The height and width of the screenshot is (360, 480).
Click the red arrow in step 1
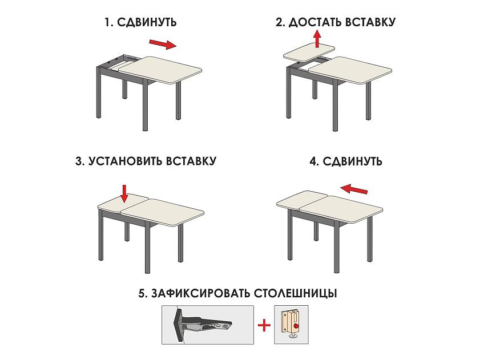coord(163,44)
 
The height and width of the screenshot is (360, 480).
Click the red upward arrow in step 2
coord(317,39)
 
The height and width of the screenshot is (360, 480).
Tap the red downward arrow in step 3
coord(124,193)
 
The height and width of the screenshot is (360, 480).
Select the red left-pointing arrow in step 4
coord(354,189)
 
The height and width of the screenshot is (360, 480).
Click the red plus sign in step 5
coord(264,325)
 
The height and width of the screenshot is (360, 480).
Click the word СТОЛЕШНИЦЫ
coord(296,293)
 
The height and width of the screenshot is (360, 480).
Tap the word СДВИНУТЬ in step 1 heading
coord(147,22)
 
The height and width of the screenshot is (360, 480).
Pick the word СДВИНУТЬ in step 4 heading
coord(352,161)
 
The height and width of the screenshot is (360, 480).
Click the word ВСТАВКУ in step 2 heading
coord(370,22)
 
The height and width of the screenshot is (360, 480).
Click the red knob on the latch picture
coord(296,326)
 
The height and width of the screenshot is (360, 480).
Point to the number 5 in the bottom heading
coord(142,294)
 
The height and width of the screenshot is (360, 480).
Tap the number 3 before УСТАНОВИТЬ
coord(79,161)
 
